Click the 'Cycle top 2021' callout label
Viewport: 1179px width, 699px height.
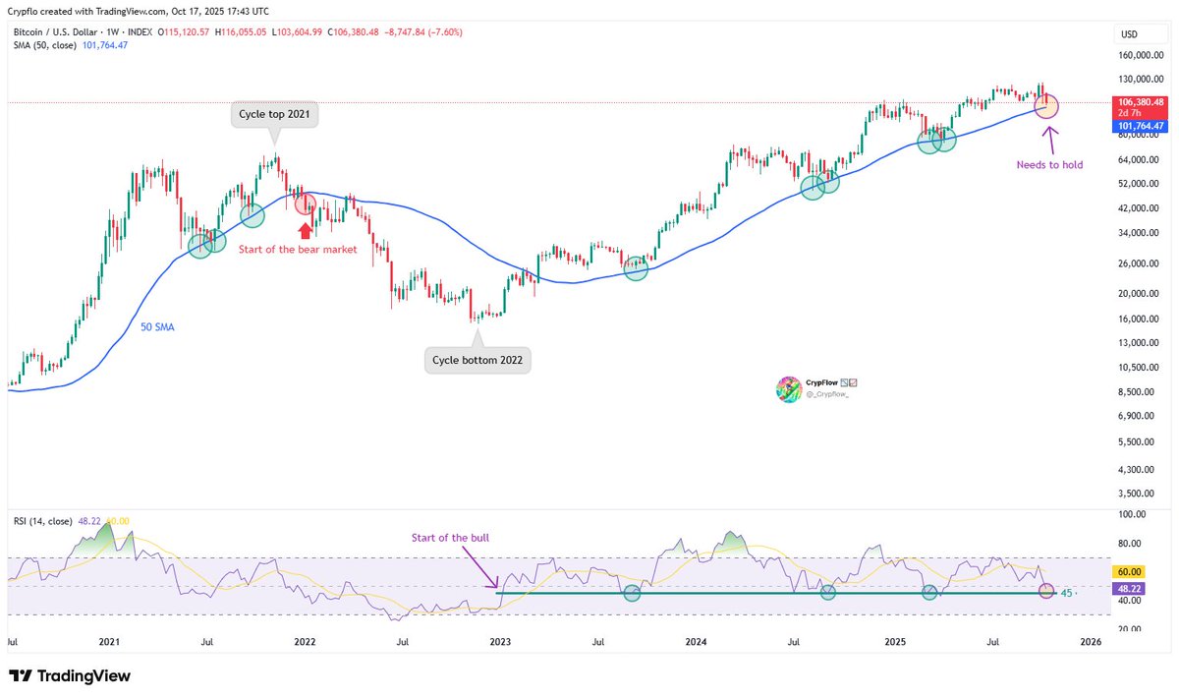[x=275, y=115]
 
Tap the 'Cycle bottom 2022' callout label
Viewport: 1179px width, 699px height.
[x=478, y=361]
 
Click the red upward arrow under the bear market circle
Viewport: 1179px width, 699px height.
[x=306, y=230]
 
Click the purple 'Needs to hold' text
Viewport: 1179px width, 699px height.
[x=1049, y=165]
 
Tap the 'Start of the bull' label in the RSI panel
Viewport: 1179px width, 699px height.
[x=451, y=538]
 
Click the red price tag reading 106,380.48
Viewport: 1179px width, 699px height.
[x=1140, y=102]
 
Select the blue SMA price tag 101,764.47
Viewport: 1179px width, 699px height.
[x=1140, y=126]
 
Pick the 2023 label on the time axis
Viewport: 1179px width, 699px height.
[x=500, y=642]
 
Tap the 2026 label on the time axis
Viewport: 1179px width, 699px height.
[x=1090, y=642]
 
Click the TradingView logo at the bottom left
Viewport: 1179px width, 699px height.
[x=70, y=676]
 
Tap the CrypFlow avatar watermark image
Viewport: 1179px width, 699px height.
[x=789, y=391]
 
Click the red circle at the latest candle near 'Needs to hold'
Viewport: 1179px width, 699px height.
[x=1046, y=105]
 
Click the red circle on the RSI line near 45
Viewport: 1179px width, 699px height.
[x=1045, y=592]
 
